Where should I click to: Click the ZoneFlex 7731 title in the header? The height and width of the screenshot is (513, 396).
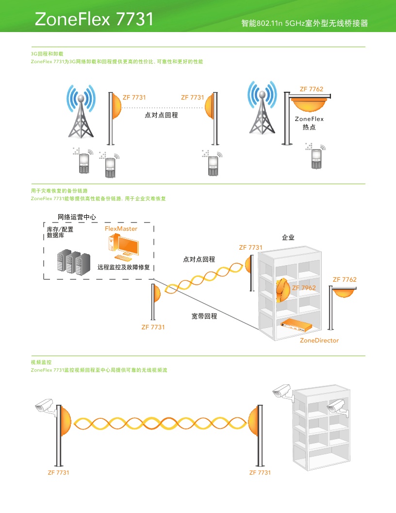[94, 19]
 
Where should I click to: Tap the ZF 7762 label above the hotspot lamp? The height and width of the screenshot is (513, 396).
[311, 89]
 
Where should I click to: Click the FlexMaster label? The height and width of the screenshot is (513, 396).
[121, 228]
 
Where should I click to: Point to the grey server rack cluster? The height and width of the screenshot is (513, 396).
[71, 262]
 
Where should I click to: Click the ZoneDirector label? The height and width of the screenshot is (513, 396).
[319, 340]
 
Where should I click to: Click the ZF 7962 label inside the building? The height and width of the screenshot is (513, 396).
[304, 288]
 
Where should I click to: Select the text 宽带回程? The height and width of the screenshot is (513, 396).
[204, 316]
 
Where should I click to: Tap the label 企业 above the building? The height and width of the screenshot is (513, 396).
[288, 238]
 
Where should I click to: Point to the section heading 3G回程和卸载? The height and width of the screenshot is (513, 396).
[47, 54]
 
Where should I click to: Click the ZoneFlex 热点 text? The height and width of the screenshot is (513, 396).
[309, 123]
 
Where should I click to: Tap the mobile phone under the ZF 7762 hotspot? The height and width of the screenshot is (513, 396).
[316, 158]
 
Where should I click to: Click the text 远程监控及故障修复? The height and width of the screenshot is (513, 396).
[123, 267]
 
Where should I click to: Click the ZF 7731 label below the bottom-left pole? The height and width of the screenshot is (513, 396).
[58, 472]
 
